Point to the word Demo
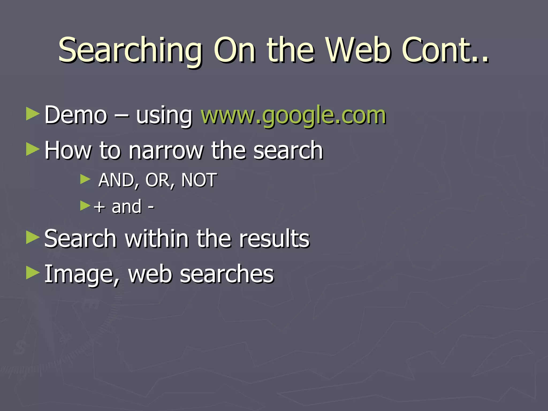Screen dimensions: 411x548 [x=76, y=115]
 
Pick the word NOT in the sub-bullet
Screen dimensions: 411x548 [x=199, y=180]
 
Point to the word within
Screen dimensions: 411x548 [x=157, y=238]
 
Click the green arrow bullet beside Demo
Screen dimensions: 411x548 [x=33, y=114]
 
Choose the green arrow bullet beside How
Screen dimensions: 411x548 [x=33, y=149]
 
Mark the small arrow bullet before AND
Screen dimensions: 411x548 [x=85, y=179]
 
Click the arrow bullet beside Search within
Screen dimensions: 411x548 [x=33, y=237]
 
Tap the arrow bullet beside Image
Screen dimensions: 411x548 [x=33, y=273]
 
